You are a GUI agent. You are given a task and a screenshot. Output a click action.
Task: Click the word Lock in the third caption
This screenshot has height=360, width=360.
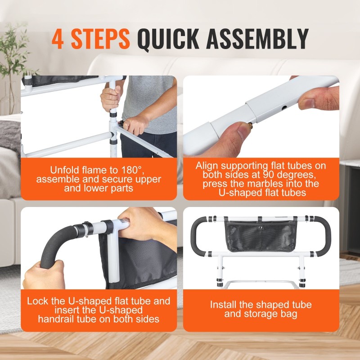pos(36,301)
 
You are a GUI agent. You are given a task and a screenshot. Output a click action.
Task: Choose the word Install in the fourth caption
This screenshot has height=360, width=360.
pos(223,305)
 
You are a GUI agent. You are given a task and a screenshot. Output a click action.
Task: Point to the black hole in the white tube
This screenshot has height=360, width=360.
pos(285,107)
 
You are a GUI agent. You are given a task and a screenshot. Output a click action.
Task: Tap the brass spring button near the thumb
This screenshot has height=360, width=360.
pos(251,125)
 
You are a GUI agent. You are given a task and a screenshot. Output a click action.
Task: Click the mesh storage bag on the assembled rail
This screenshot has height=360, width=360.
pos(261,236)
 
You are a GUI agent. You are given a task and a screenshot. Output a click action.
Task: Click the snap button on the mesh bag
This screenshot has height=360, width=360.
pos(261,228)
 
